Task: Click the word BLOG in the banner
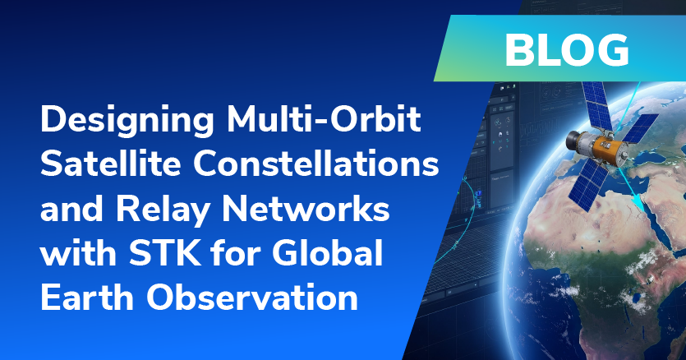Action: pyautogui.click(x=567, y=50)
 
